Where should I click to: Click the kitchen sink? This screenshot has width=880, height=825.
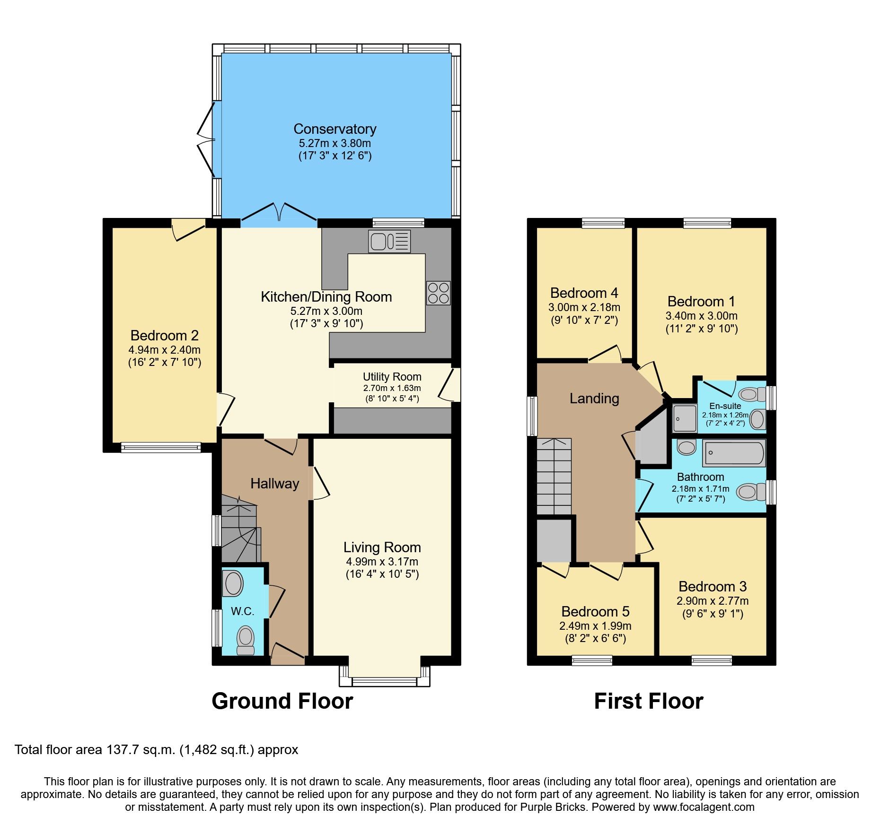[x=389, y=242]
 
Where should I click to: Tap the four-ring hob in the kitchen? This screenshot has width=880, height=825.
[x=438, y=293]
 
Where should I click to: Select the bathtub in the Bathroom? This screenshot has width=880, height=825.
[x=734, y=453]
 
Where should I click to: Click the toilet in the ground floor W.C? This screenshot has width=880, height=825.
[x=246, y=640]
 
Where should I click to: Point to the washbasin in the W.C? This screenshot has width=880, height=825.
[x=233, y=583]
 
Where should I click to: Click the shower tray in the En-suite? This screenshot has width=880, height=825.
[x=685, y=417]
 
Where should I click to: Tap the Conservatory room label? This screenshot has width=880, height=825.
[x=335, y=129]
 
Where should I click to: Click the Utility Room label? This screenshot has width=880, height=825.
[x=392, y=377]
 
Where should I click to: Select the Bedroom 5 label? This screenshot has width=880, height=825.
[x=595, y=611]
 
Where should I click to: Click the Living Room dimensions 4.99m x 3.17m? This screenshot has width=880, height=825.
[x=382, y=562]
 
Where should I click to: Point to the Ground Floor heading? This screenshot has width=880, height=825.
[x=282, y=701]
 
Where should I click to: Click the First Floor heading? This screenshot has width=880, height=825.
[x=648, y=701]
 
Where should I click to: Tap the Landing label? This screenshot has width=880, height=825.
[x=594, y=398]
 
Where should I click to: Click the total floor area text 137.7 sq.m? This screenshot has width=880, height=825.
[x=156, y=749]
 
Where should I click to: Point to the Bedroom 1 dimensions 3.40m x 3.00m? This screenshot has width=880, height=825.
[x=701, y=315]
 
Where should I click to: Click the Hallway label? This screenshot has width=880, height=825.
[x=274, y=483]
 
